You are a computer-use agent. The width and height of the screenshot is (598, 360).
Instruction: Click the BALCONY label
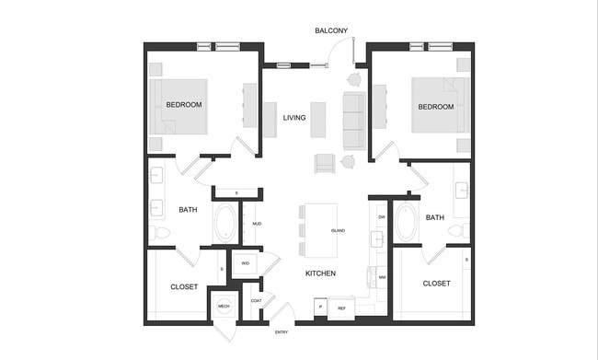[331, 30]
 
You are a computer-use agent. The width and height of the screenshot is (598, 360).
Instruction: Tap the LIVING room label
[294, 118]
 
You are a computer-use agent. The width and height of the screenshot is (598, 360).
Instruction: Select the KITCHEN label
[320, 273]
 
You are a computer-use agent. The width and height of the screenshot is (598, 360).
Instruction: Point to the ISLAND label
[338, 231]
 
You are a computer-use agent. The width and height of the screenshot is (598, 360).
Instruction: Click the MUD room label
[258, 223]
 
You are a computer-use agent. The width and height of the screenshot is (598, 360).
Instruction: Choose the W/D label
[245, 263]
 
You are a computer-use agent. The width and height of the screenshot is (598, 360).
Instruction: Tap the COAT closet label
[257, 300]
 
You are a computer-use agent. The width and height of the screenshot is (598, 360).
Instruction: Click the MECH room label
[224, 307]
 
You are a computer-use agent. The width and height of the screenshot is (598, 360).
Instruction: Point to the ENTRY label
[283, 332]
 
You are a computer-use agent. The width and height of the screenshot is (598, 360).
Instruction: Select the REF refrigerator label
[341, 308]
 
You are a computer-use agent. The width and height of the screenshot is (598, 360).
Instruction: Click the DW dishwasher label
[381, 216]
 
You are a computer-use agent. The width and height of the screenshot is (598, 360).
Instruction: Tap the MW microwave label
[381, 277]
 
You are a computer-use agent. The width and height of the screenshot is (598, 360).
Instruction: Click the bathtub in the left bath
[224, 223]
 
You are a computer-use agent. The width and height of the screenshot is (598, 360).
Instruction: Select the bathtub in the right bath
[407, 223]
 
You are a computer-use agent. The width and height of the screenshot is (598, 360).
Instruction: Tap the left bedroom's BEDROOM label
[184, 105]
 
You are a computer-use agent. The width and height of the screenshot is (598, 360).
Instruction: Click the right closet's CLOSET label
[436, 284]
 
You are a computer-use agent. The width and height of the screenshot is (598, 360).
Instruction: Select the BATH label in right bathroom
[435, 217]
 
